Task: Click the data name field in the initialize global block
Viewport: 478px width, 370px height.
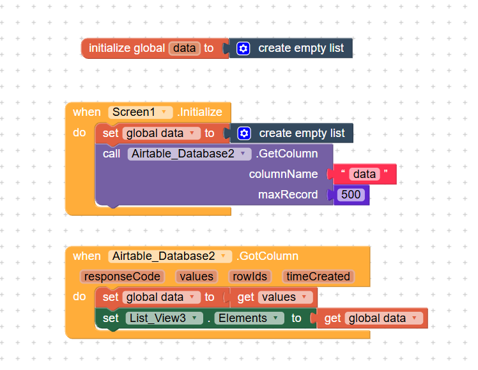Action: pyautogui.click(x=185, y=48)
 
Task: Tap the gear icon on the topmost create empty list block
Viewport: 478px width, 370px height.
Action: pyautogui.click(x=243, y=48)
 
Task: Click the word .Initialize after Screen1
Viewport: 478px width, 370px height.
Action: pyautogui.click(x=200, y=112)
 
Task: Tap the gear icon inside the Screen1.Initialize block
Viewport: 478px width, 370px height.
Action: pyautogui.click(x=243, y=133)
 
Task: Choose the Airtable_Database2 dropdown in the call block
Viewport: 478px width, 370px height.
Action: pyautogui.click(x=189, y=154)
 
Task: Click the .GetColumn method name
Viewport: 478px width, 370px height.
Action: pyautogui.click(x=287, y=154)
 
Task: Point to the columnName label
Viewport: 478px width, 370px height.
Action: pyautogui.click(x=283, y=174)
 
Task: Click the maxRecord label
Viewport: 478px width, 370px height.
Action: pyautogui.click(x=288, y=195)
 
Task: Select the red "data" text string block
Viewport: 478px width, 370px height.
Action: pyautogui.click(x=364, y=174)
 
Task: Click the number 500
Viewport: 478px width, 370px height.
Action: pyautogui.click(x=351, y=195)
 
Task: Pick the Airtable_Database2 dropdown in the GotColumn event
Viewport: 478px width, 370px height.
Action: pyautogui.click(x=170, y=256)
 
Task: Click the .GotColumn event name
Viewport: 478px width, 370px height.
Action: pyautogui.click(x=267, y=256)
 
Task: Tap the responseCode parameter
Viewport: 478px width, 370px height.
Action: pyautogui.click(x=122, y=277)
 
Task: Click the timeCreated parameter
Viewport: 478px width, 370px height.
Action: pyautogui.click(x=318, y=277)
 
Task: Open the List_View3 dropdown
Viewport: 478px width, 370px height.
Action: pyautogui.click(x=164, y=318)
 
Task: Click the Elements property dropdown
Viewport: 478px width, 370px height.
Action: pyautogui.click(x=249, y=318)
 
